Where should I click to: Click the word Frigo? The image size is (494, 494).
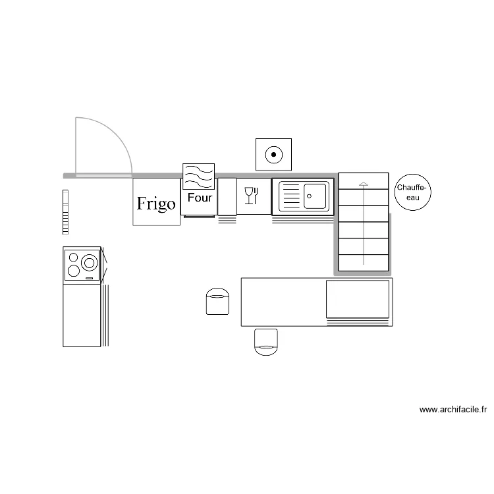(x=156, y=204)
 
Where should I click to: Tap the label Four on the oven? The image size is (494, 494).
(x=200, y=198)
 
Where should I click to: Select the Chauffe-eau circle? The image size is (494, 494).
(x=413, y=193)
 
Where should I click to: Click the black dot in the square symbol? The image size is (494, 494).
(x=273, y=155)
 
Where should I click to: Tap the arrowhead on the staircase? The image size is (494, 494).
(x=363, y=183)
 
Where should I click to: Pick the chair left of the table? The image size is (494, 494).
(x=217, y=301)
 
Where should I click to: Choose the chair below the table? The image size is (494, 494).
(x=266, y=342)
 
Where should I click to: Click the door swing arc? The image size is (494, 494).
(x=119, y=138)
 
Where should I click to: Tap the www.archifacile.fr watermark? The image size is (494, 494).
(x=453, y=410)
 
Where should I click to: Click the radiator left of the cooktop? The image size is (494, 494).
(x=65, y=212)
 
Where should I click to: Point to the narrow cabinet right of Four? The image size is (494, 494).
(x=227, y=196)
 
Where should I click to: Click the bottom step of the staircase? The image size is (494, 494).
(x=363, y=262)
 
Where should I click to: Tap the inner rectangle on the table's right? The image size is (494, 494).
(x=358, y=298)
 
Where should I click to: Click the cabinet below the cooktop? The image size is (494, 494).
(x=82, y=315)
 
